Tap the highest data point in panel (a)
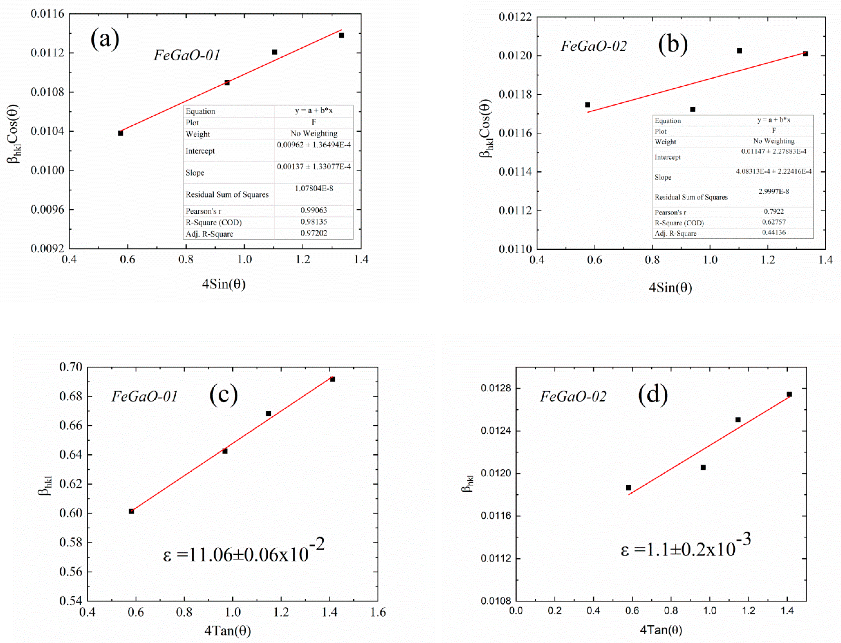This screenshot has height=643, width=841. click(x=341, y=35)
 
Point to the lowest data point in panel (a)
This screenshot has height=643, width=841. click(x=121, y=133)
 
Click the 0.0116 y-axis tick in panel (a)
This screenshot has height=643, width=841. click(x=47, y=14)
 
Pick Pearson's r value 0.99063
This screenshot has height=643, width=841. click(x=314, y=210)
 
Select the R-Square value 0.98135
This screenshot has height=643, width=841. click(x=314, y=222)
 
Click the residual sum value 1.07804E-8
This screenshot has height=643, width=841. click(x=314, y=188)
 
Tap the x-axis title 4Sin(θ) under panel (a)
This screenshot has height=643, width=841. click(x=224, y=284)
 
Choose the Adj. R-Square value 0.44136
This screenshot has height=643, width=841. click(x=774, y=232)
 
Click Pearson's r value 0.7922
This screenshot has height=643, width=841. click(x=774, y=211)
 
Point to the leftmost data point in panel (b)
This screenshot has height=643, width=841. click(x=588, y=105)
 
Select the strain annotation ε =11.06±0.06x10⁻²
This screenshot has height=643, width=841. click(x=244, y=551)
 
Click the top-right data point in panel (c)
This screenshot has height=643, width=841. click(x=333, y=379)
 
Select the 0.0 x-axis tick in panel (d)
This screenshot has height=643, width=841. click(x=516, y=610)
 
